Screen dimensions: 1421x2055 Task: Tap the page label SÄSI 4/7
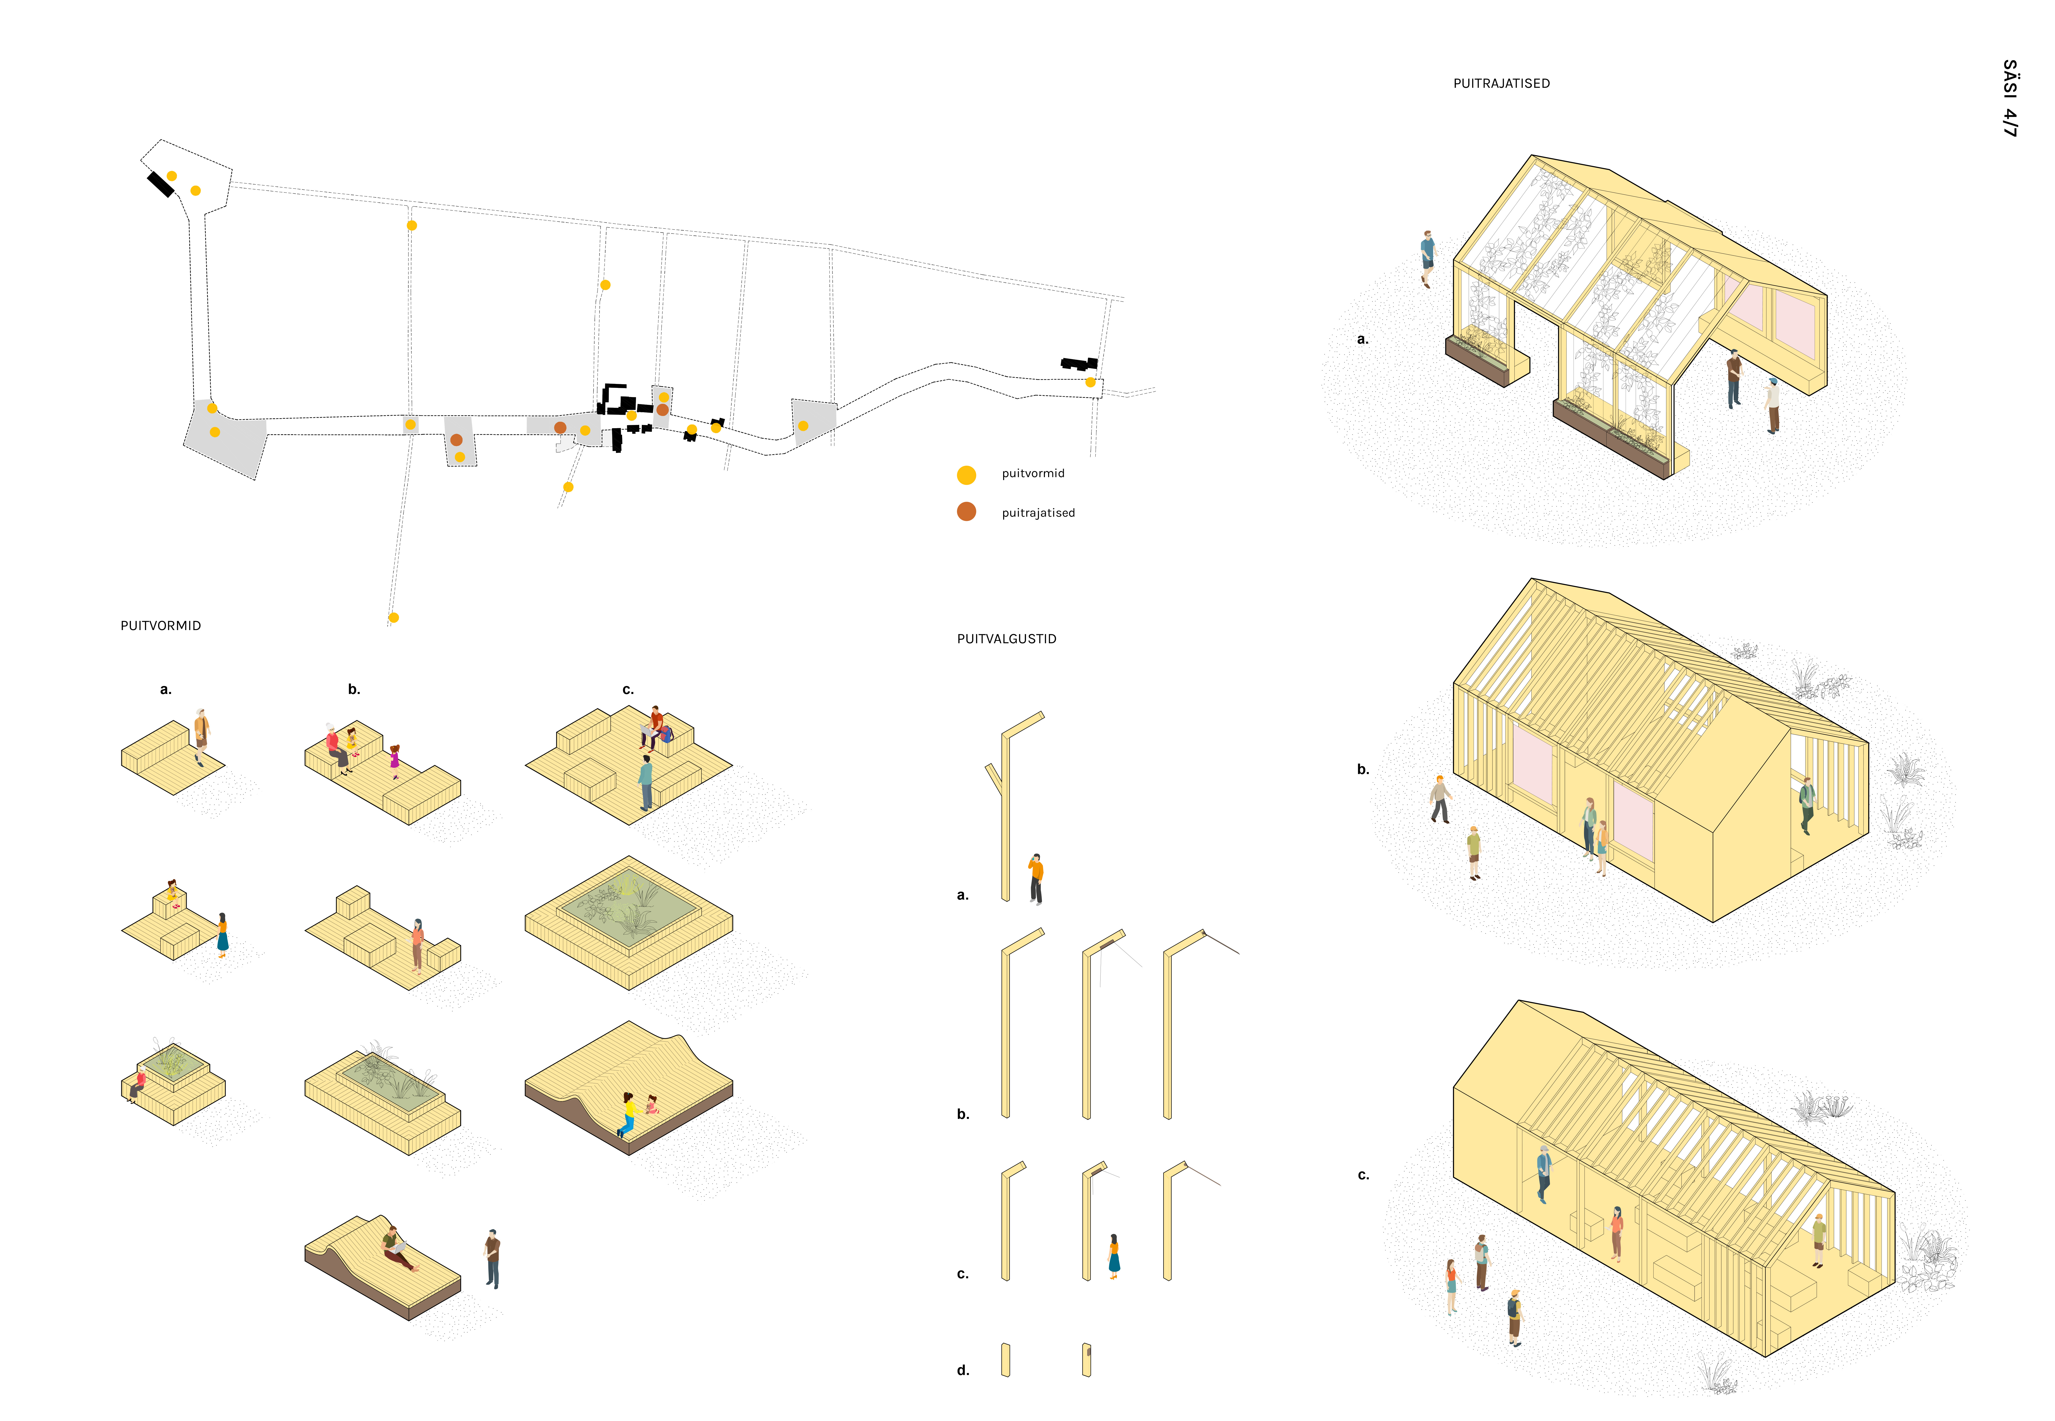[x=2010, y=98]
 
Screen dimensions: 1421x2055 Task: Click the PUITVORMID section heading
[x=161, y=626]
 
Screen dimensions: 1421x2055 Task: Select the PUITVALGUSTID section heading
[x=1007, y=639]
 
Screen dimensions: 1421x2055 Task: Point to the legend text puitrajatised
[x=1038, y=513]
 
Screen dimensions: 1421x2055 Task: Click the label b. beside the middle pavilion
[x=1363, y=769]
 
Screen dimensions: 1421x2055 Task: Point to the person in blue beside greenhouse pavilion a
[x=1428, y=258]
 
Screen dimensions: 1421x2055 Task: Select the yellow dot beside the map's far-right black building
[x=1090, y=382]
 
